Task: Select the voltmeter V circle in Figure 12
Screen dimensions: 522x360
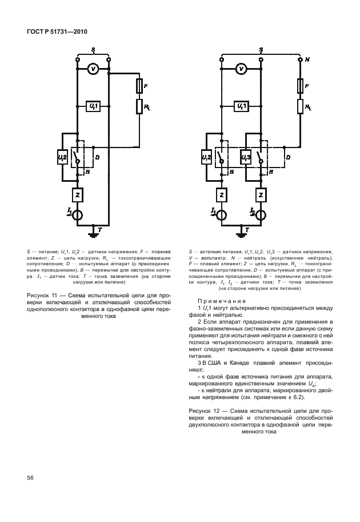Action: click(x=242, y=69)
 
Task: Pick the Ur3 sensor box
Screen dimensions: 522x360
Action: click(x=245, y=157)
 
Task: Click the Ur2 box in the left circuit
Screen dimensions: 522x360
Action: click(x=63, y=157)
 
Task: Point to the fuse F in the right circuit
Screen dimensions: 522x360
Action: click(x=301, y=86)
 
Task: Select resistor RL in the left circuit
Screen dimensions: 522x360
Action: click(x=139, y=106)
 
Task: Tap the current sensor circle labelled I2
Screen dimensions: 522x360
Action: click(x=262, y=214)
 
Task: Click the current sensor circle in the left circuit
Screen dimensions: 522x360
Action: click(x=77, y=214)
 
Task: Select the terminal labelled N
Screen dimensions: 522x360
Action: click(x=301, y=59)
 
